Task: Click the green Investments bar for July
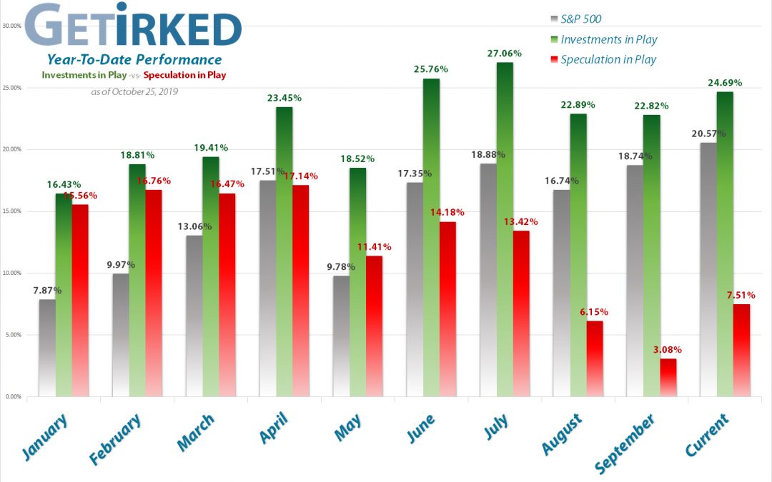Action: (505, 229)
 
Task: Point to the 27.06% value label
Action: (505, 54)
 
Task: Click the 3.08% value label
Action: (668, 350)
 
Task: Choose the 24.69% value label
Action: (725, 83)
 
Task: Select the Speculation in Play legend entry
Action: (608, 60)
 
